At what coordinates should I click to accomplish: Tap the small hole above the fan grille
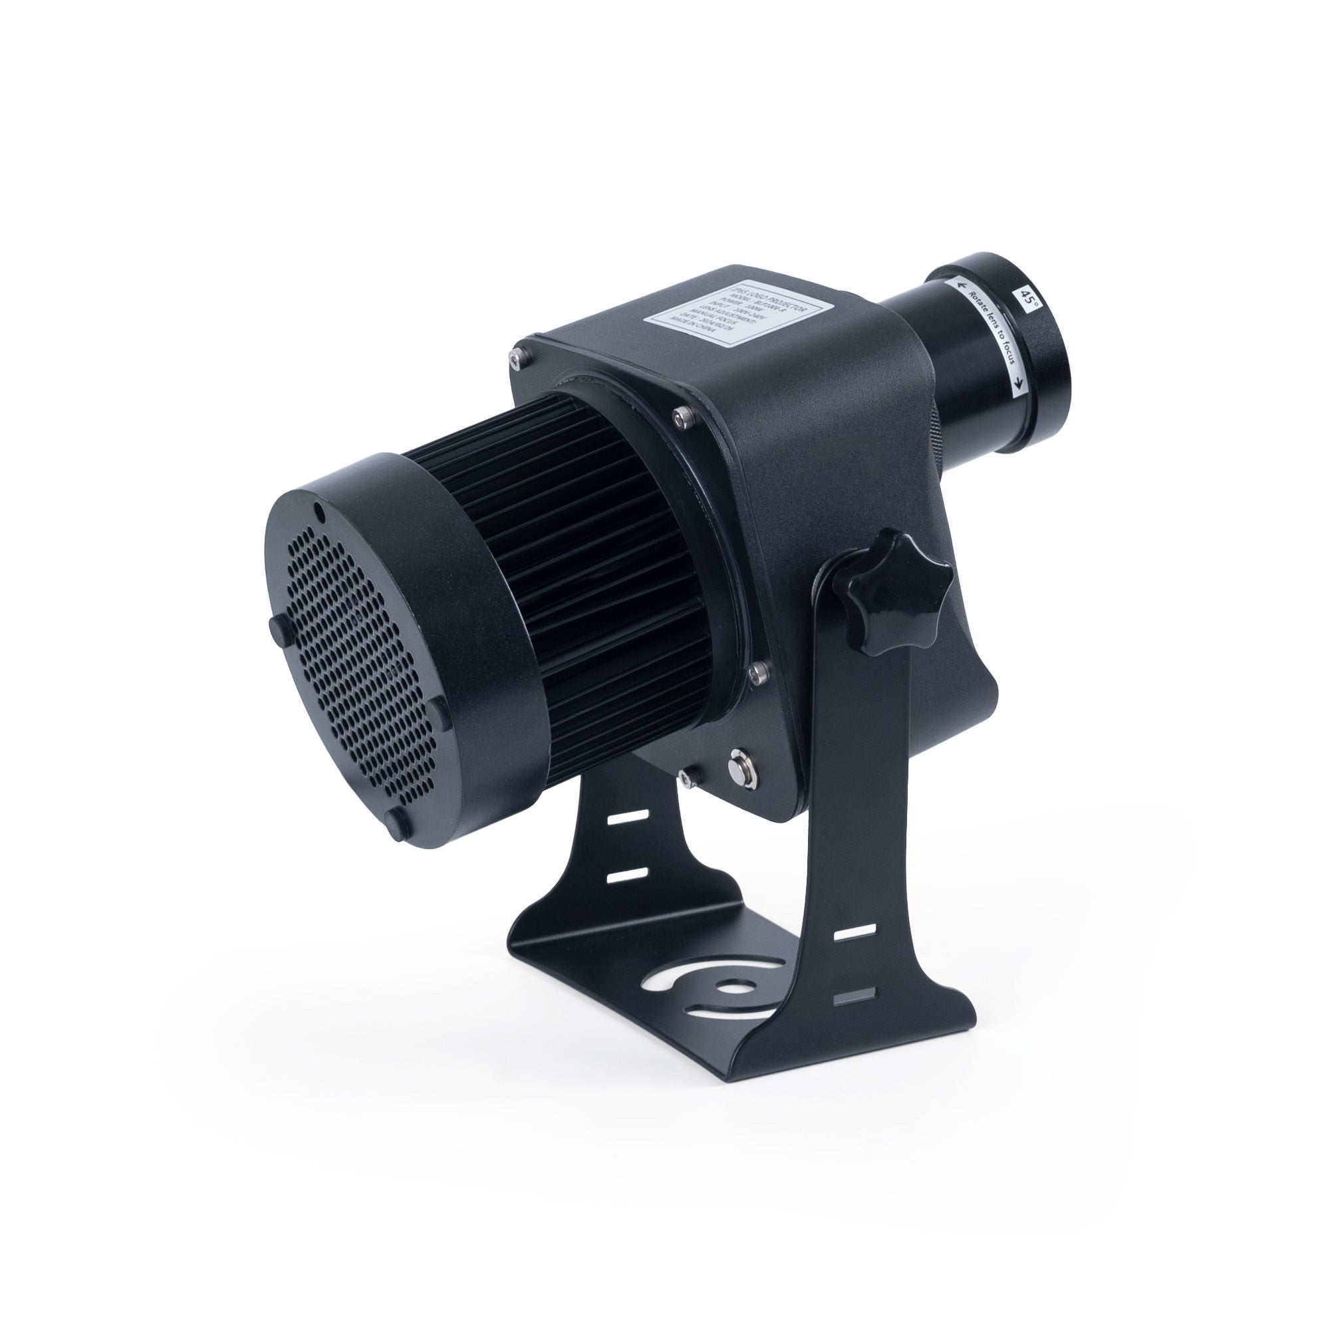[319, 510]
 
